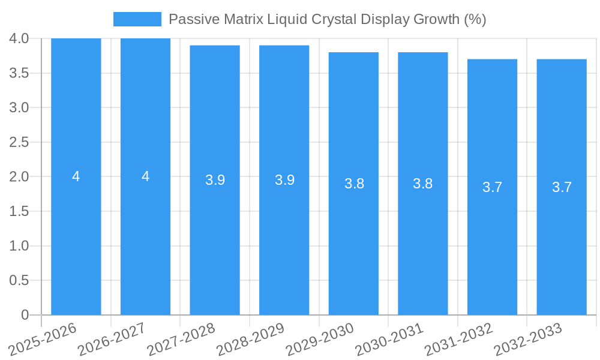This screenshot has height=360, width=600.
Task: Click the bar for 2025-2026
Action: tap(76, 240)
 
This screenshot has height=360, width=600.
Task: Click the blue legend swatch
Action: tap(137, 19)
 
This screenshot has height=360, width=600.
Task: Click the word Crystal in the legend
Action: tap(334, 19)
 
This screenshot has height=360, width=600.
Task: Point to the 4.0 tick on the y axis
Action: tap(19, 38)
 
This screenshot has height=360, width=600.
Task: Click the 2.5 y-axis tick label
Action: tap(19, 142)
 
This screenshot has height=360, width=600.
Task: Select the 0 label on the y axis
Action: tap(25, 315)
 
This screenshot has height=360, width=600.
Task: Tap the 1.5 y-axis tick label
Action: tap(19, 211)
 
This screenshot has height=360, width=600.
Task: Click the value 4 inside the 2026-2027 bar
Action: tap(145, 176)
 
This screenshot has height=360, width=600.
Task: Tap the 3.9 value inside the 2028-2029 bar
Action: tap(284, 180)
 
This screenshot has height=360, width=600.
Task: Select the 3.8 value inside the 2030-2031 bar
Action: tap(423, 184)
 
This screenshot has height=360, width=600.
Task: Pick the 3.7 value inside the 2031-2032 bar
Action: tap(492, 187)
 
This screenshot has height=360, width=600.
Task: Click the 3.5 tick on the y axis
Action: tap(19, 73)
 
